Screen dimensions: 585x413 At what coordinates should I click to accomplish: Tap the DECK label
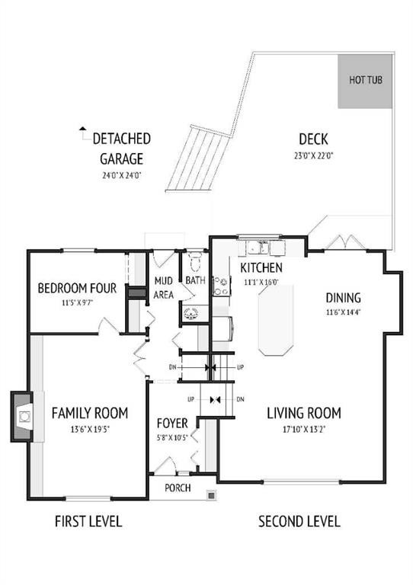[312, 139]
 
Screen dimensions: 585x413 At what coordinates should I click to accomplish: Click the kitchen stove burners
[222, 284]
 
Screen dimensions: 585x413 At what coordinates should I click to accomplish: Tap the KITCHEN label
[261, 268]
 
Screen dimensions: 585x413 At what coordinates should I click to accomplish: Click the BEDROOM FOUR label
[77, 289]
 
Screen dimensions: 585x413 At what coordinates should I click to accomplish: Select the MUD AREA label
[164, 287]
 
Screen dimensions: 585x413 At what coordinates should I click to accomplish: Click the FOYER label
[172, 424]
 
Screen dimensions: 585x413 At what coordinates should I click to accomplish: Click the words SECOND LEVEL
[299, 522]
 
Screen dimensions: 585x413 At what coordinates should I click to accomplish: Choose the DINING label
[343, 298]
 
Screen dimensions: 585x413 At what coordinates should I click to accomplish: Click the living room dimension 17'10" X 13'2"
[303, 430]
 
